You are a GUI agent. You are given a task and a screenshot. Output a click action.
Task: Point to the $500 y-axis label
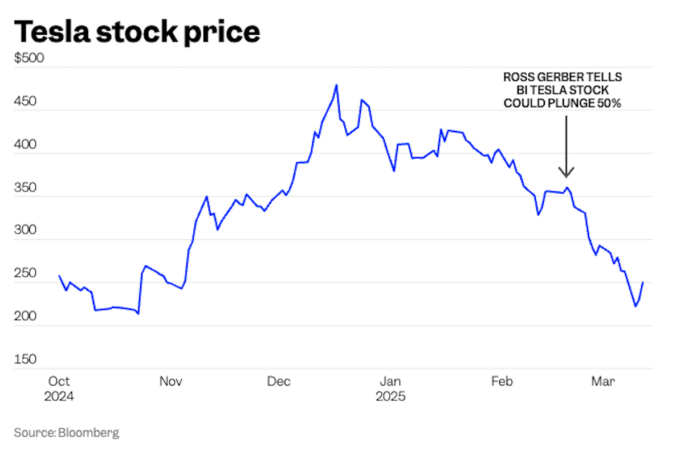click(29, 59)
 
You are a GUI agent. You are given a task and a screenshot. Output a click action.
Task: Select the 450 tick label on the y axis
click(26, 102)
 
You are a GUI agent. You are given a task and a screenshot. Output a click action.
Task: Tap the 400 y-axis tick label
click(26, 145)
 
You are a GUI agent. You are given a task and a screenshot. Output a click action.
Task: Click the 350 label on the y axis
click(26, 188)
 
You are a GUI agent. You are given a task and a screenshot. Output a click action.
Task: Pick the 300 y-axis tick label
click(26, 231)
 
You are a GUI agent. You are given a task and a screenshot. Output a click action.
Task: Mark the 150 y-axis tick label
click(25, 360)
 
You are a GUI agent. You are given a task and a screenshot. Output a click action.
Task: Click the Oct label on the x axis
click(59, 382)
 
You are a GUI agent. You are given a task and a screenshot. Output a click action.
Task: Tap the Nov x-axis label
click(170, 382)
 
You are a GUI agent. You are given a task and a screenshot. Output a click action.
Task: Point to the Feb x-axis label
click(502, 382)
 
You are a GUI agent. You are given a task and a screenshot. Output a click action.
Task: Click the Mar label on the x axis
click(603, 382)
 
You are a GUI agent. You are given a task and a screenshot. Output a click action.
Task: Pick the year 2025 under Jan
click(390, 396)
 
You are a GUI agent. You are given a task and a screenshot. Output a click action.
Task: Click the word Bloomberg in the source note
click(88, 433)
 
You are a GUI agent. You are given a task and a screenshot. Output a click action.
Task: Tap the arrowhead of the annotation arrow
click(566, 173)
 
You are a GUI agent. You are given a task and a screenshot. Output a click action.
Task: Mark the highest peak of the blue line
click(336, 85)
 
